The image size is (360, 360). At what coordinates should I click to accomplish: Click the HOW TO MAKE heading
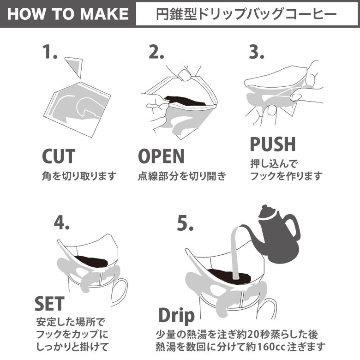pyautogui.click(x=68, y=14)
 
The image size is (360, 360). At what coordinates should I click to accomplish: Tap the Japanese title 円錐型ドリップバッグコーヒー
pyautogui.click(x=246, y=14)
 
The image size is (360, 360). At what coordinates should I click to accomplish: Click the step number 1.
pyautogui.click(x=50, y=52)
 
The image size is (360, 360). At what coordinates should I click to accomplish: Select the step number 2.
pyautogui.click(x=156, y=52)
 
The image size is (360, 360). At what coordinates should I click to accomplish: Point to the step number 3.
pyautogui.click(x=257, y=52)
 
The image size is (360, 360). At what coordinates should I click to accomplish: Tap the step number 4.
pyautogui.click(x=61, y=223)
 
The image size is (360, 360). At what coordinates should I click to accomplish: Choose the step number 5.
pyautogui.click(x=185, y=224)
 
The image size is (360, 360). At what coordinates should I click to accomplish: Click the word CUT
pyautogui.click(x=59, y=156)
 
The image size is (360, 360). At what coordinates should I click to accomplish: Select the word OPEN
pyautogui.click(x=161, y=156)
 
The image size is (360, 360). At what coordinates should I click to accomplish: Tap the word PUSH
pyautogui.click(x=273, y=144)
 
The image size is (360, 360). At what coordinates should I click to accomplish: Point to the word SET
pyautogui.click(x=49, y=303)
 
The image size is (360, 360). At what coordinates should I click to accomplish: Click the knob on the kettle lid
pyautogui.click(x=265, y=207)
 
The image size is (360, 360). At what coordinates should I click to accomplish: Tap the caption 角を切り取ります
pyautogui.click(x=79, y=176)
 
